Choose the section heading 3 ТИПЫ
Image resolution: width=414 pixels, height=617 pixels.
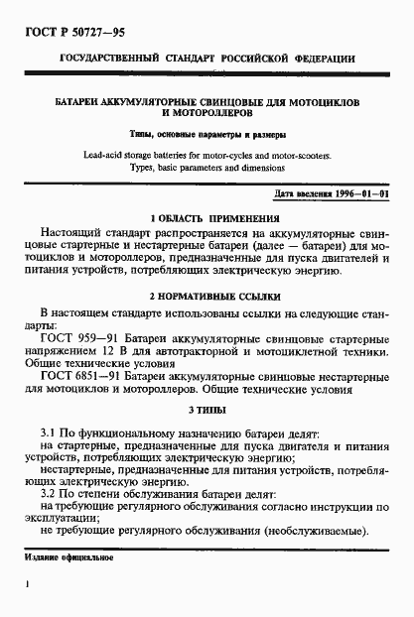click(207, 410)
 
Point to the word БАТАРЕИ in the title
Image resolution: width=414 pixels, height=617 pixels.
click(79, 102)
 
